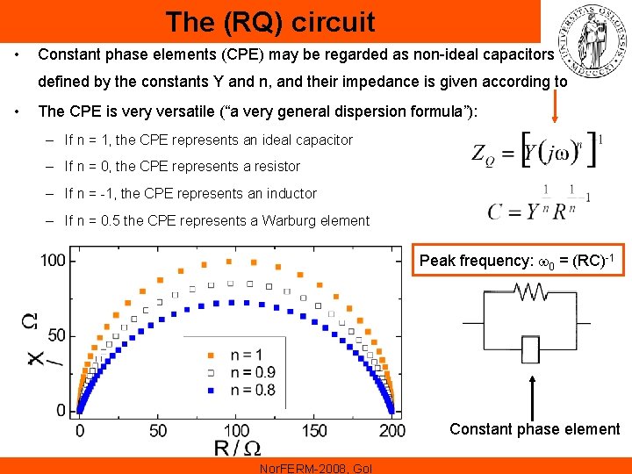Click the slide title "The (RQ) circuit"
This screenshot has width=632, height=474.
pos(269,21)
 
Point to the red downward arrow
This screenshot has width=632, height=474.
pos(554,103)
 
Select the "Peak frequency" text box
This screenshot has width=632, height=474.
pos(521,262)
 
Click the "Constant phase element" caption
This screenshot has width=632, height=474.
pos(535,429)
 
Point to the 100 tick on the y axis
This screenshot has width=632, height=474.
pos(52,260)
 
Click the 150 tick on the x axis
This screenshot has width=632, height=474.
pos(314,431)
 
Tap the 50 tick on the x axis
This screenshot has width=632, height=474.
pos(158,431)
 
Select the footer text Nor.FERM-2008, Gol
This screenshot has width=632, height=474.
pos(316,468)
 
